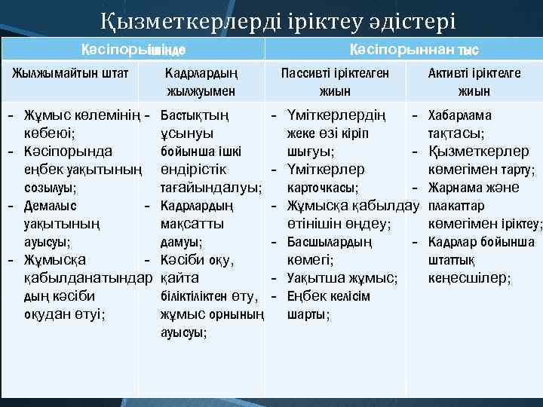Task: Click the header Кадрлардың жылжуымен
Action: coord(201,81)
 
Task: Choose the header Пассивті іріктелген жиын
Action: coord(334,81)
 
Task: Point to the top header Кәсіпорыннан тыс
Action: coord(414,50)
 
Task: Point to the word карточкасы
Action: coord(323,187)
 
